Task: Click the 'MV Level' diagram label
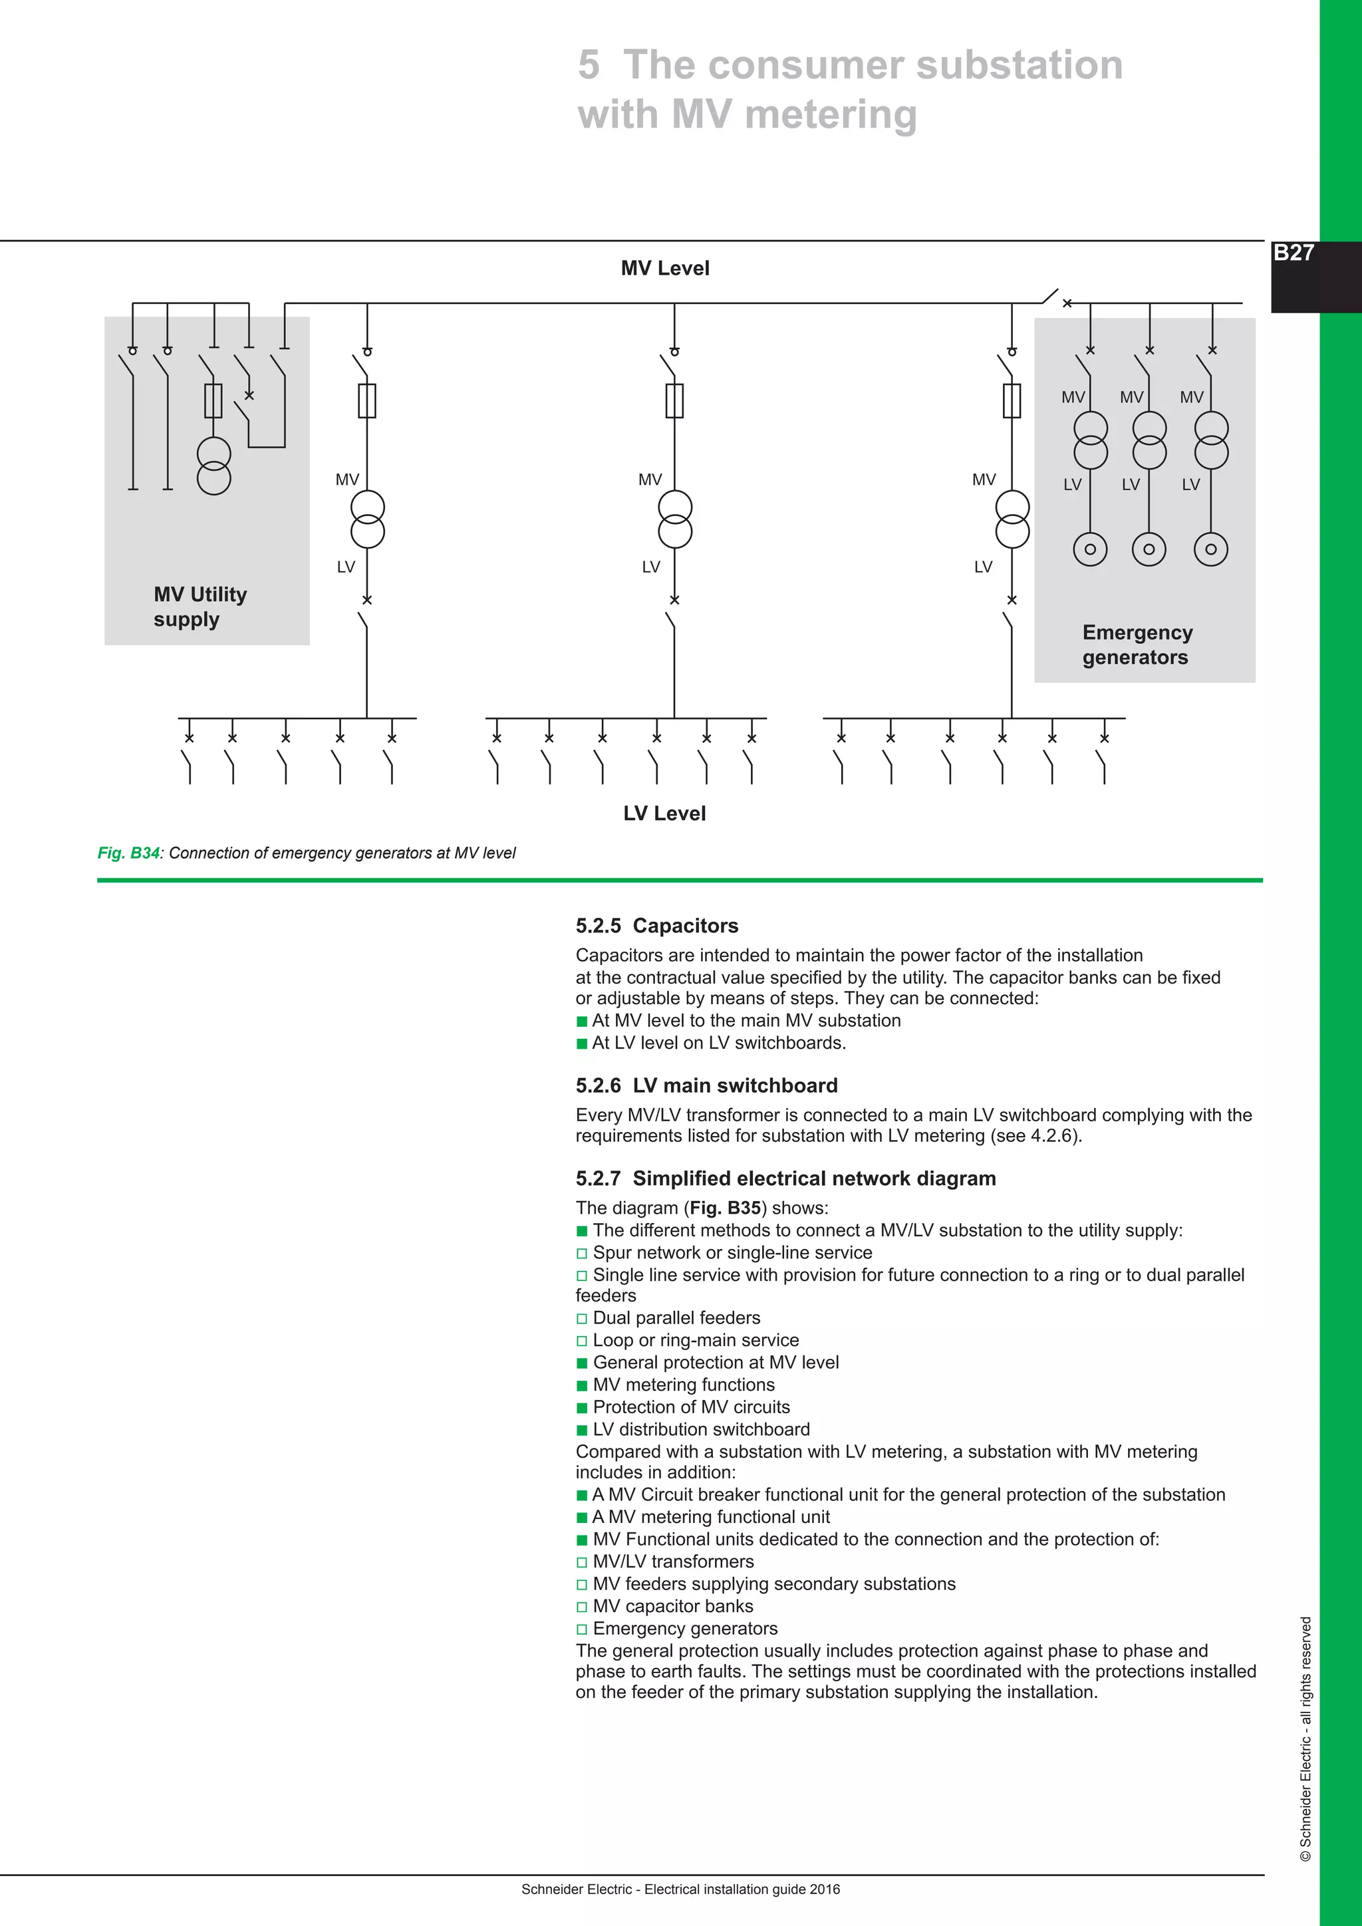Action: [x=664, y=269]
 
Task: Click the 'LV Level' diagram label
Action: [x=664, y=813]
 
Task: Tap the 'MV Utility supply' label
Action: [x=200, y=607]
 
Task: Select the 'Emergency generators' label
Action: [x=1137, y=644]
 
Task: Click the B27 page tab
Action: [x=1294, y=253]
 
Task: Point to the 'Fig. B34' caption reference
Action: [x=128, y=853]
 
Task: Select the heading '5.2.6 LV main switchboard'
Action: [x=706, y=1085]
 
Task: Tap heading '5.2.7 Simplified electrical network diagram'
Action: [x=785, y=1178]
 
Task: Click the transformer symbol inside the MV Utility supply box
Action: [x=214, y=466]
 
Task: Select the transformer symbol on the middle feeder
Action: [x=675, y=520]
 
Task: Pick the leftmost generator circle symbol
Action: [x=1090, y=549]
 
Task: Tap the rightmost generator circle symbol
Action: [x=1211, y=549]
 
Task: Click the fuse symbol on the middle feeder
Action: [x=675, y=401]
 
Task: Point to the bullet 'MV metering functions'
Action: [x=683, y=1385]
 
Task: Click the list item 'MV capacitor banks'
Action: [x=672, y=1606]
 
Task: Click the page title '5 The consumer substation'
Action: [x=849, y=65]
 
